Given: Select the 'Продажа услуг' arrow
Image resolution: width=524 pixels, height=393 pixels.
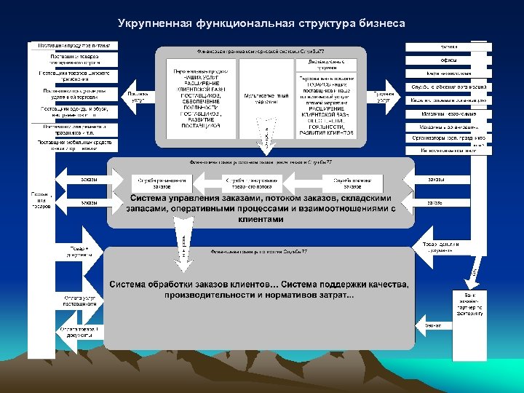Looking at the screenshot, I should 384,96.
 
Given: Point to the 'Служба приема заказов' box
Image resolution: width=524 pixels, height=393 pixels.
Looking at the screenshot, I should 356,183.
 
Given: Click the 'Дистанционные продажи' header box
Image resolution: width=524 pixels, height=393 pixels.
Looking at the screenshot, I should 325,64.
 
